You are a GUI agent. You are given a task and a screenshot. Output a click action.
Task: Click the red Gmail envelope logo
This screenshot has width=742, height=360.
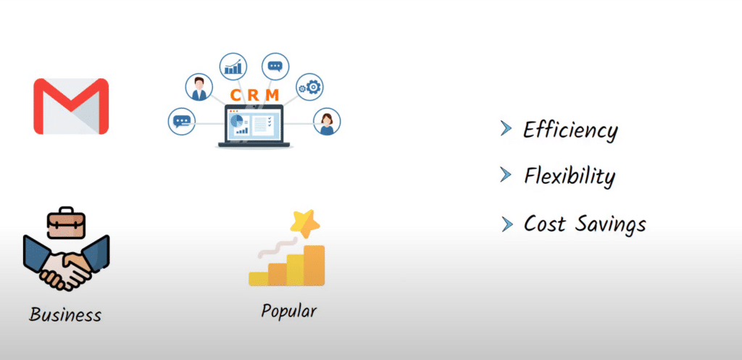coord(71,106)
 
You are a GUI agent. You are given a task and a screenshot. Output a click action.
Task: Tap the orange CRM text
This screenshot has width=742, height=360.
coord(254,95)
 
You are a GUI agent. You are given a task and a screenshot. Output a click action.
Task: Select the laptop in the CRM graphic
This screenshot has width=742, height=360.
coord(254,126)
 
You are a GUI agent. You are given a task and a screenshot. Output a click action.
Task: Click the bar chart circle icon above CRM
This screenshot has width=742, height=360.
coord(233,67)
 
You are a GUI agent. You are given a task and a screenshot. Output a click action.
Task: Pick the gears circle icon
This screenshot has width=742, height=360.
coord(309,87)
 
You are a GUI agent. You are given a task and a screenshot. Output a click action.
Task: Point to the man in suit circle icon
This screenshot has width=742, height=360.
coord(199,88)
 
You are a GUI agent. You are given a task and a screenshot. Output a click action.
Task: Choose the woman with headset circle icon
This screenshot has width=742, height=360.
coord(327,122)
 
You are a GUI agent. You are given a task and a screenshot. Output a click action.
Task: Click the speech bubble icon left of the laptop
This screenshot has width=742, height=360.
coord(182,122)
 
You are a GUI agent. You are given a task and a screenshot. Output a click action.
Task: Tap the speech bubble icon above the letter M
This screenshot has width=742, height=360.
coord(275,66)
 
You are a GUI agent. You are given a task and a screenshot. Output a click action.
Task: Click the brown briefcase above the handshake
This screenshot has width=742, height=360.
coord(66,222)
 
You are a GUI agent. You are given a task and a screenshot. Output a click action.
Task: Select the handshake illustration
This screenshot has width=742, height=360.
coord(66,262)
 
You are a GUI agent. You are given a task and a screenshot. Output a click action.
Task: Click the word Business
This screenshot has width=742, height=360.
coord(65,314)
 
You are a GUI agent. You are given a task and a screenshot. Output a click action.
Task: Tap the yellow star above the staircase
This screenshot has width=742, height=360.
coord(305,223)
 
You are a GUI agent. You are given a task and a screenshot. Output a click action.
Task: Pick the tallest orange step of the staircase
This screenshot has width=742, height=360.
coord(314,265)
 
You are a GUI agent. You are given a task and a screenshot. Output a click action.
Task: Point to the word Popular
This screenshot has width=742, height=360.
coord(288,311)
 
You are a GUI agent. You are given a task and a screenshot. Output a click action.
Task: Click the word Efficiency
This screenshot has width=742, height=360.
coord(570,130)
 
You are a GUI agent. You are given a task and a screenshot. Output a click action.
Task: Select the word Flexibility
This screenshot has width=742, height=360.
coord(570,177)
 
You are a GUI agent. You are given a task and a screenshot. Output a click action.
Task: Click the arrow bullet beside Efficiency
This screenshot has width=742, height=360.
coord(507,129)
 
